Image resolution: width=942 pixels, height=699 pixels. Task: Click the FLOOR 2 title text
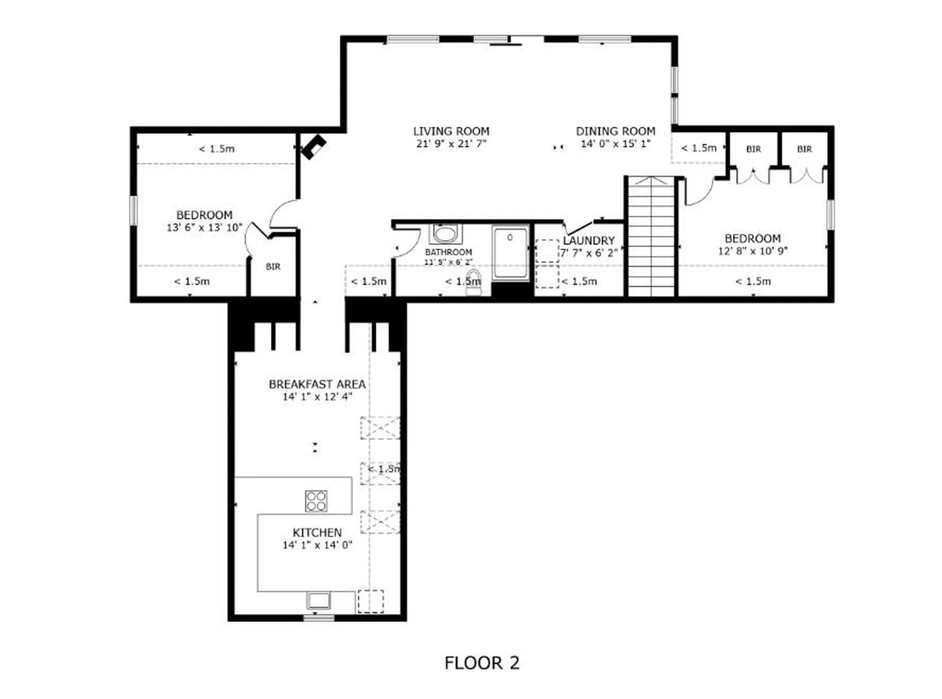click(481, 663)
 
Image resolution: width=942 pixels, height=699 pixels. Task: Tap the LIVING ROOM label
click(451, 131)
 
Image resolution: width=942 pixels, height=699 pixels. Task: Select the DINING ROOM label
click(615, 131)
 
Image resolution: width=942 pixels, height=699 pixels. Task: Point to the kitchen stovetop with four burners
click(316, 501)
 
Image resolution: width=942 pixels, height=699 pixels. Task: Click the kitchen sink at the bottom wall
click(318, 600)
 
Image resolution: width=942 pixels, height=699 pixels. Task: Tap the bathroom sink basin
click(445, 234)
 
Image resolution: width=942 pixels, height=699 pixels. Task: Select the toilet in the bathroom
click(473, 283)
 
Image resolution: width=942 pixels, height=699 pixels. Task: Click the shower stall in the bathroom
click(510, 253)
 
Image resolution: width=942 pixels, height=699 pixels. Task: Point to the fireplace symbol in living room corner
click(313, 147)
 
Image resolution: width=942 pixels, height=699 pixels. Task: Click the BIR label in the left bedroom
click(273, 267)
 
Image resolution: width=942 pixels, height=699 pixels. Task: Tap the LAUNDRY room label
click(588, 241)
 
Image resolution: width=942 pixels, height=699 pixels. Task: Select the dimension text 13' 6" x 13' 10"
click(204, 228)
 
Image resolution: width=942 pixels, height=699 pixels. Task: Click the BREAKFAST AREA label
click(317, 384)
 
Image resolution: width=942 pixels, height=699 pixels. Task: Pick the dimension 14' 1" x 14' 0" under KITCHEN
click(317, 545)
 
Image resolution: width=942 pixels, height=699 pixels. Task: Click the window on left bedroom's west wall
click(133, 210)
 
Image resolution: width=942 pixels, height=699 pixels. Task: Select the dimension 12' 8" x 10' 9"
click(753, 251)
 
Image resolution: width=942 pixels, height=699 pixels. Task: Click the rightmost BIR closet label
click(804, 149)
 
